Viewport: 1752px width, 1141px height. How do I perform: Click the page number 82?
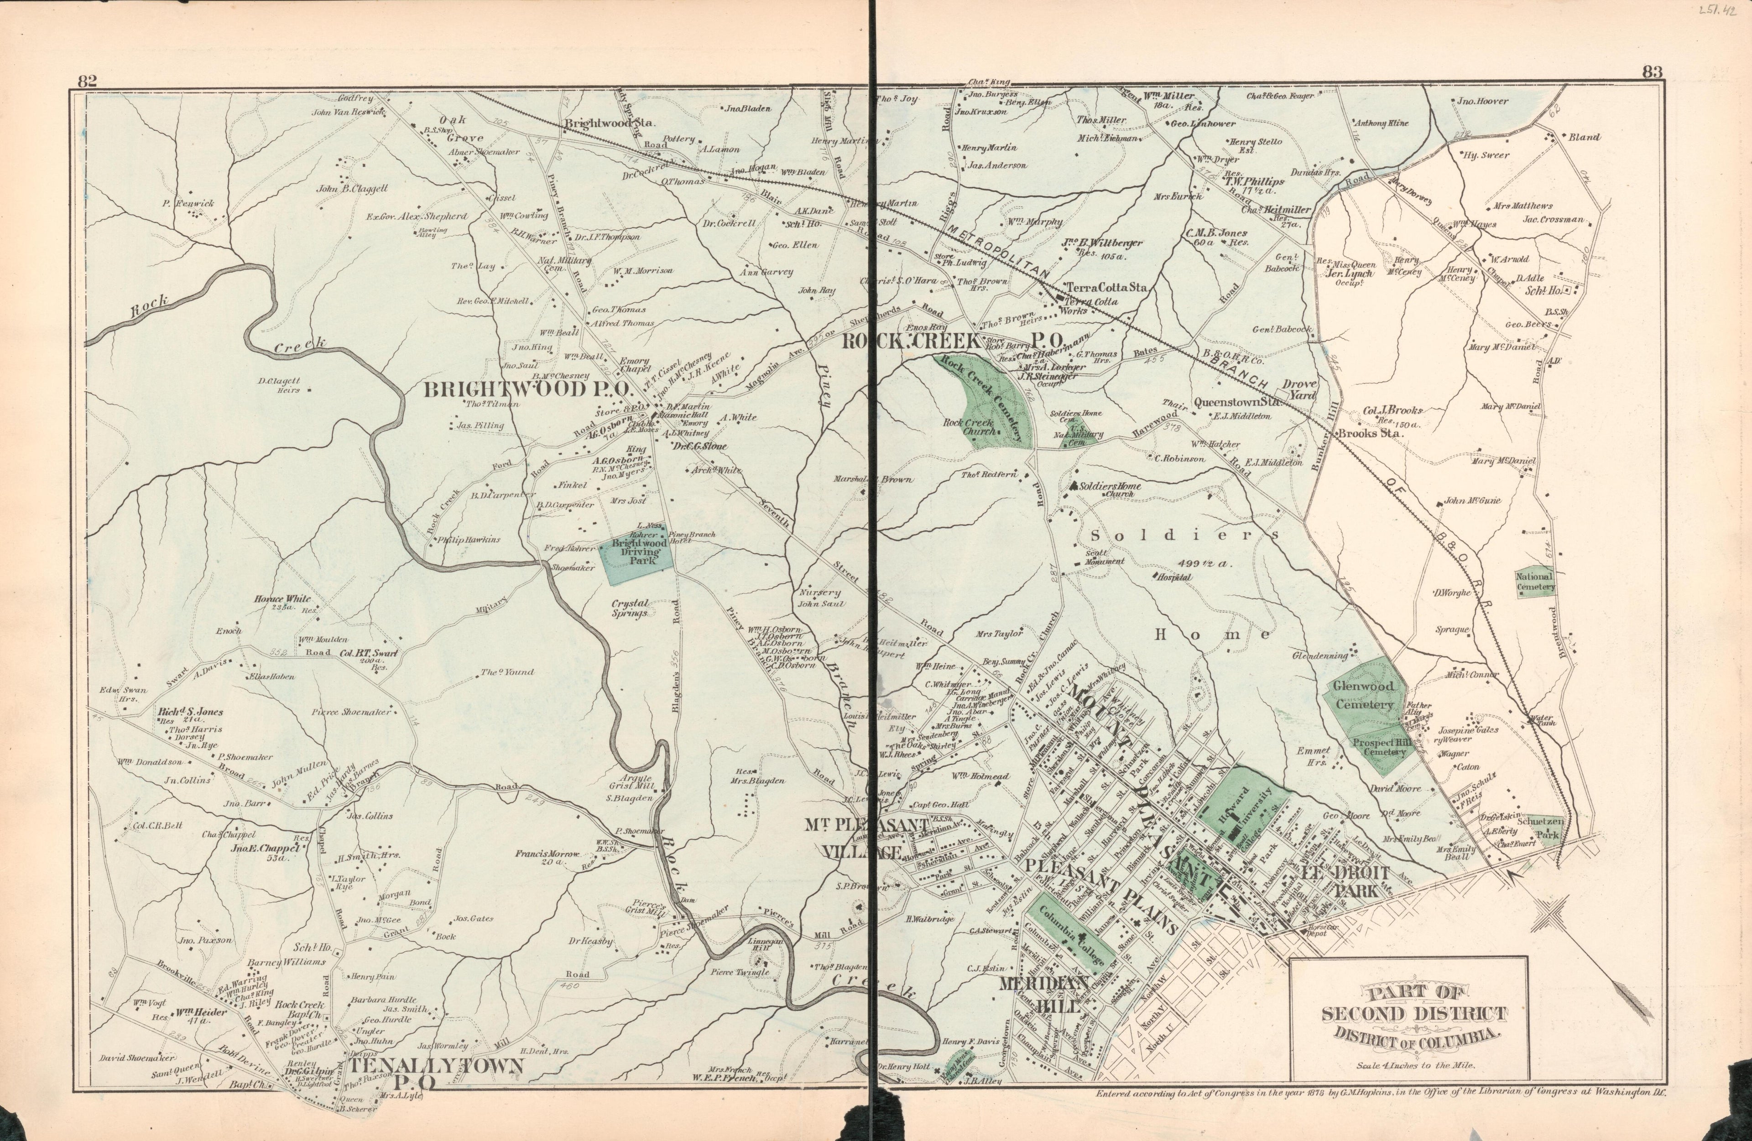tap(88, 81)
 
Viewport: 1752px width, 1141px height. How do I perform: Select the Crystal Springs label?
tap(629, 608)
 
